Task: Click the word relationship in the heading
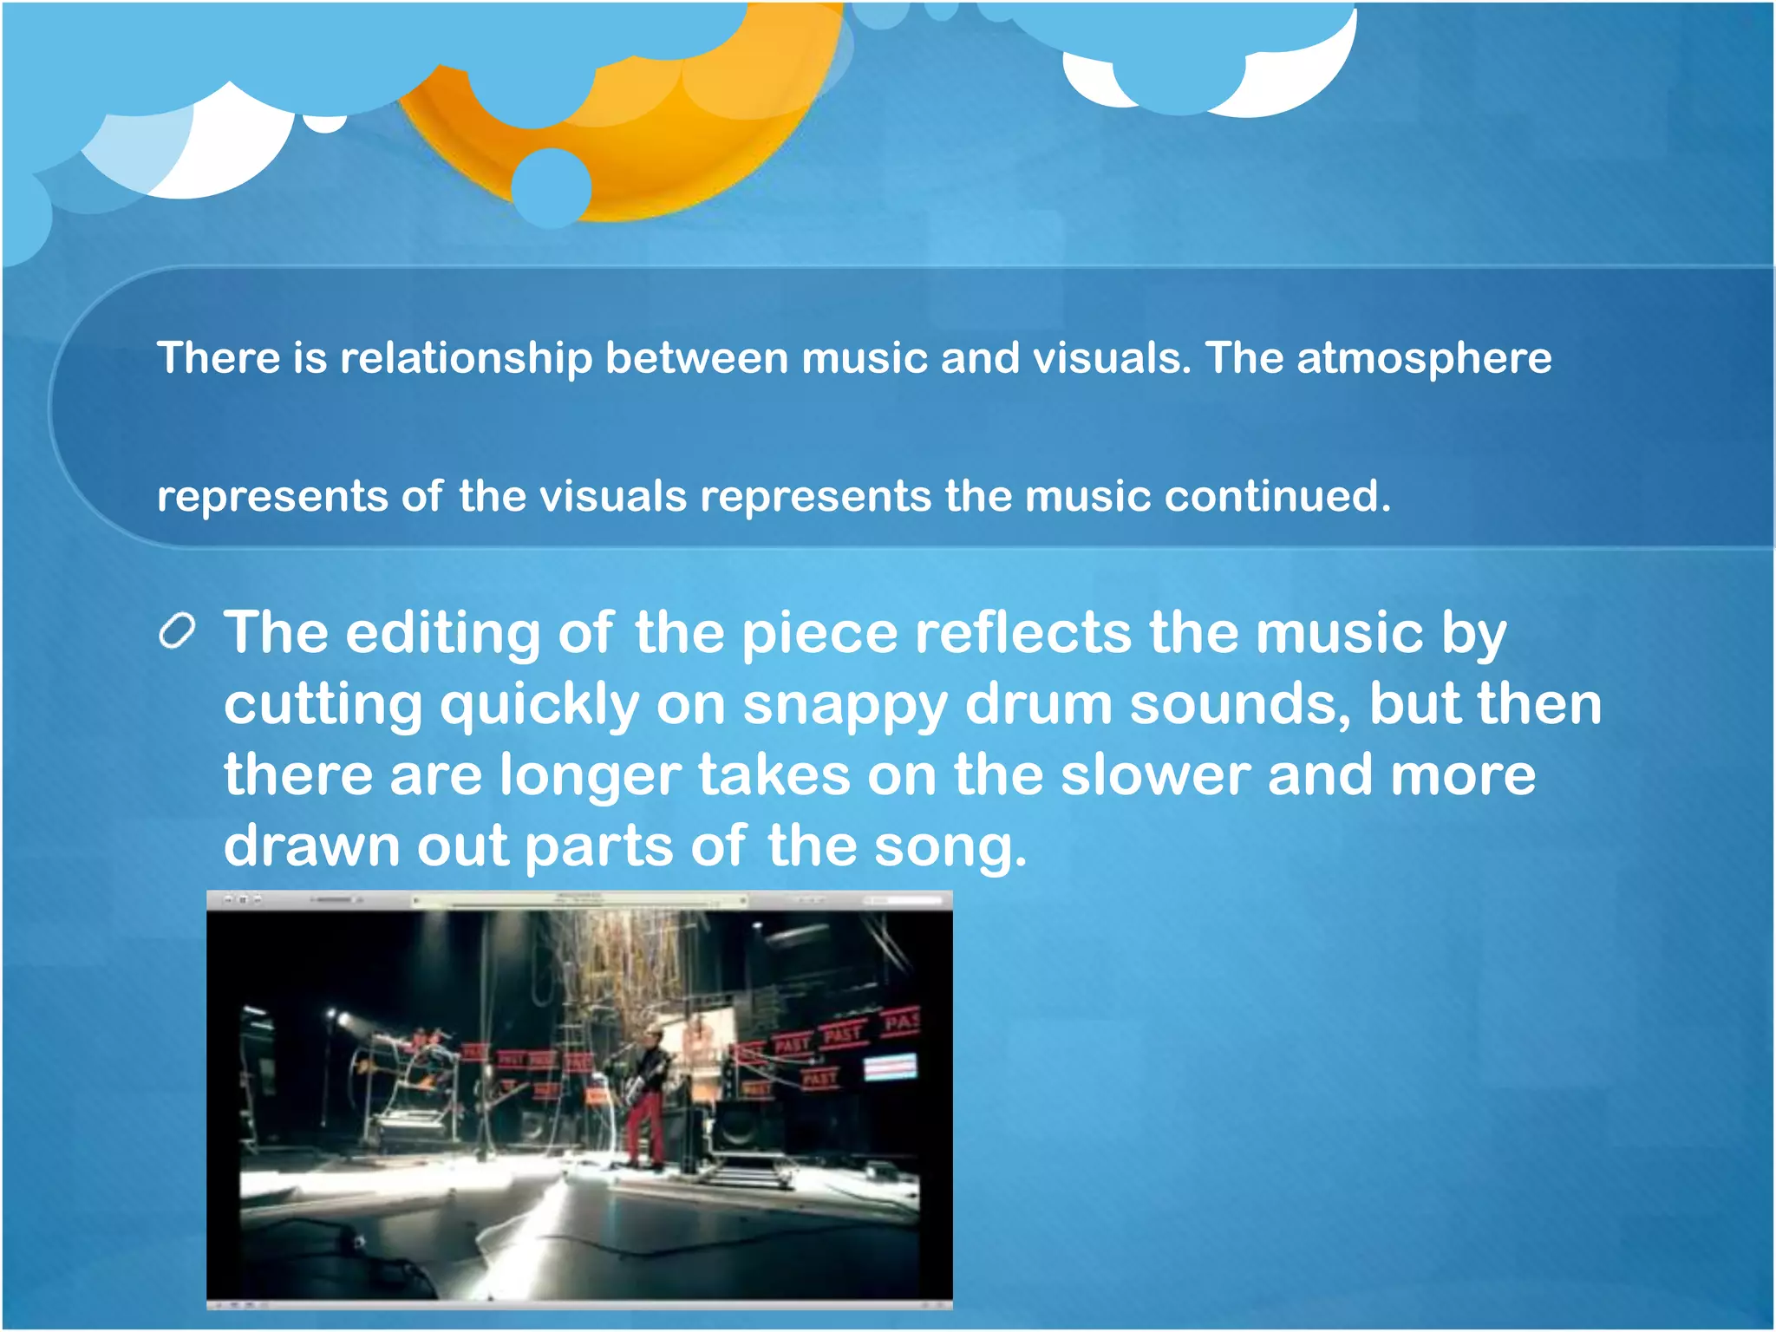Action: coord(466,358)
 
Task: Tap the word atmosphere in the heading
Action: coord(1424,358)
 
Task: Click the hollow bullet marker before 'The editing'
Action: coord(177,631)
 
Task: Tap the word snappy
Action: coord(845,704)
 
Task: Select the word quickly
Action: coord(539,704)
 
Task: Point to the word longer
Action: coord(590,775)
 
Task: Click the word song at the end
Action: coord(950,846)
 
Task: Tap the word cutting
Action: coord(323,704)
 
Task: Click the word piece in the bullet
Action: coord(819,633)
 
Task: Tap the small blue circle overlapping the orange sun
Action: coord(552,187)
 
